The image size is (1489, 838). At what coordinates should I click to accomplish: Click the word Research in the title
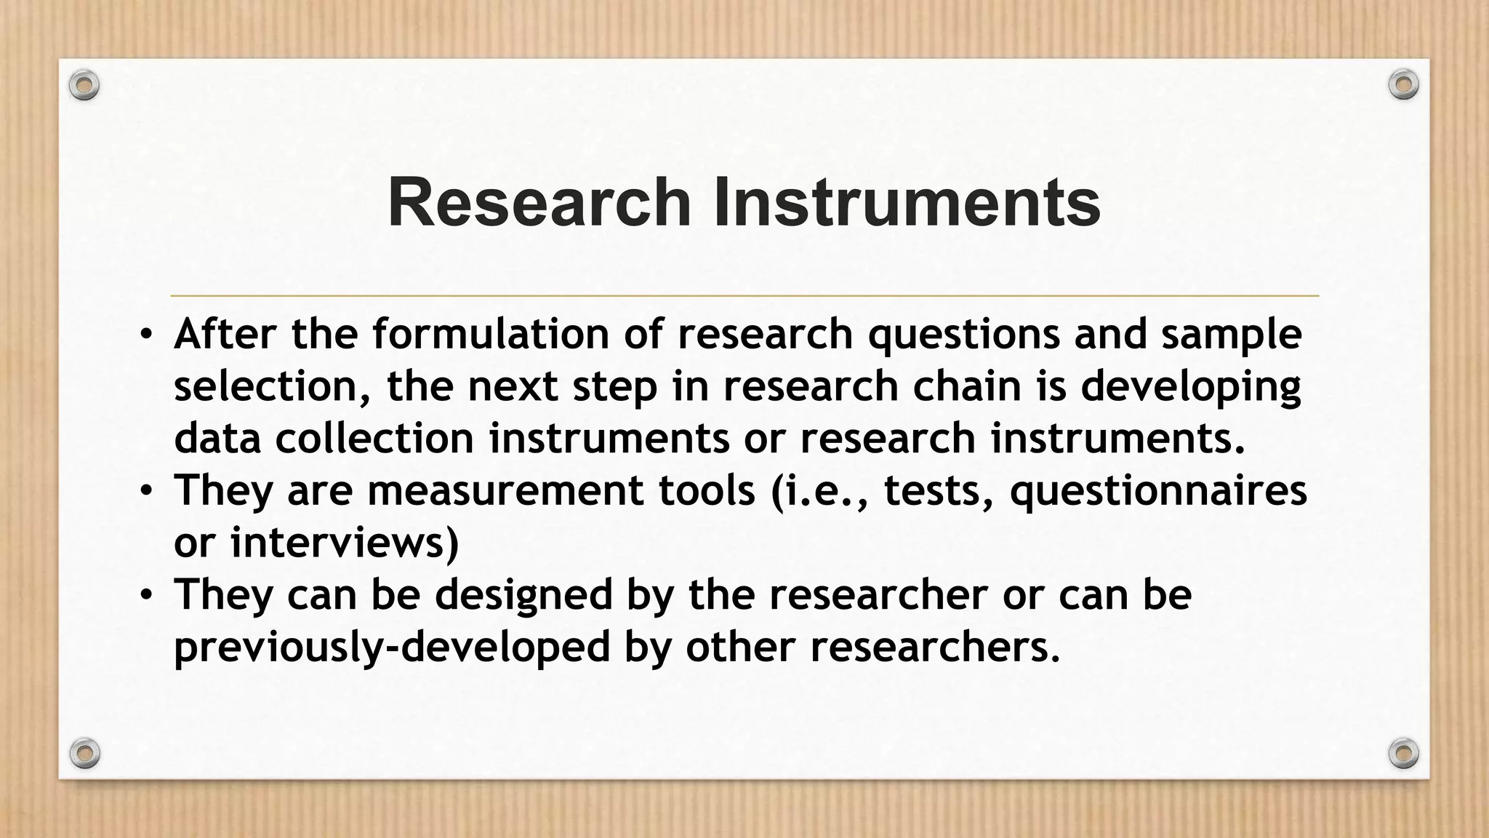(x=539, y=203)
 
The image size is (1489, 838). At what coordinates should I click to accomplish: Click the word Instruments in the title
(x=907, y=203)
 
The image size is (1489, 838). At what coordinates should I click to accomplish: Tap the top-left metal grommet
(x=84, y=86)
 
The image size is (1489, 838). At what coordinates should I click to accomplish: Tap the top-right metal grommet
(x=1403, y=84)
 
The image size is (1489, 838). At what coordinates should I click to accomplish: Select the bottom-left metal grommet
(x=84, y=753)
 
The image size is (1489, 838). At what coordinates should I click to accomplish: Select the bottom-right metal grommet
(x=1403, y=753)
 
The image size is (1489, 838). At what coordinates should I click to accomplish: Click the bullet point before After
(x=146, y=335)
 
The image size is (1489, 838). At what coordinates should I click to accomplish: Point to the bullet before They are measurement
(x=146, y=492)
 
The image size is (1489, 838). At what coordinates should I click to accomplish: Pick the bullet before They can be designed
(x=146, y=596)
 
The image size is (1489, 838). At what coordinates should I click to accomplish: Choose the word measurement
(x=505, y=491)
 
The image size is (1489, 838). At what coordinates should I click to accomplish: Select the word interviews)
(x=345, y=543)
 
